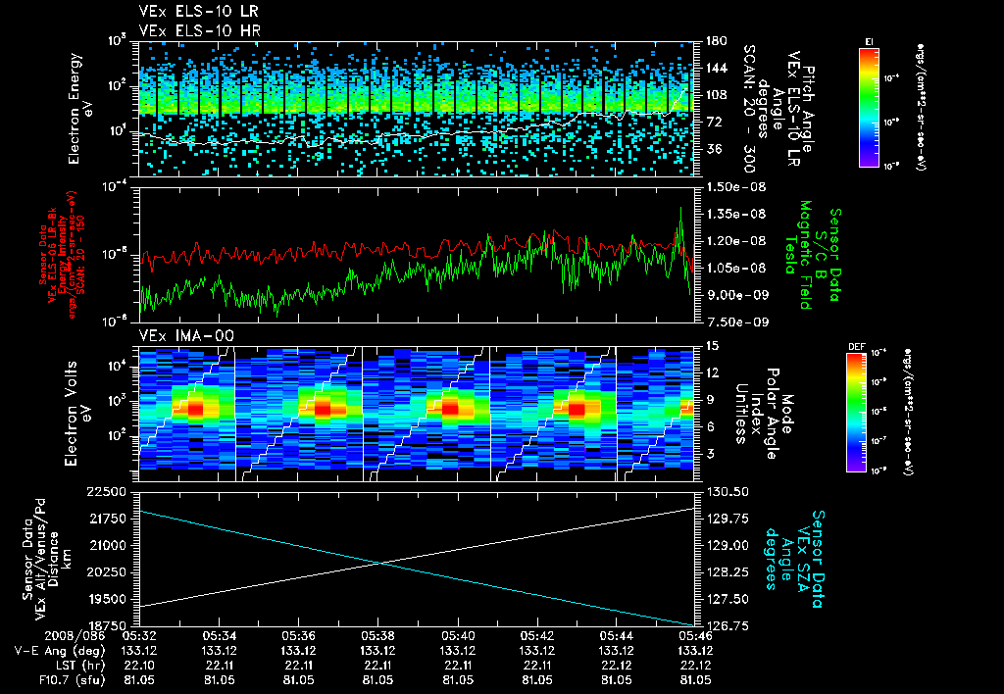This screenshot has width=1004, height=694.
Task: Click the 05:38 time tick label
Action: [378, 635]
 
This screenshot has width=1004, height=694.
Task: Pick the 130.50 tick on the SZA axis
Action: [723, 491]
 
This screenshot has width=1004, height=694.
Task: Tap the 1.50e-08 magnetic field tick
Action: [728, 186]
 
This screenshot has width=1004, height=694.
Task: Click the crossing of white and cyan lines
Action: [380, 563]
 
